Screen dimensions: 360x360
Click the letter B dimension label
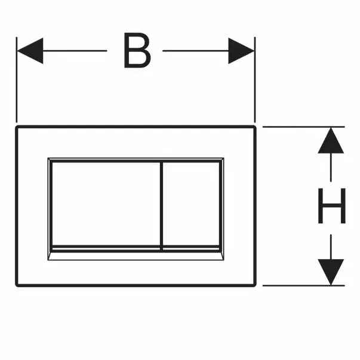137,50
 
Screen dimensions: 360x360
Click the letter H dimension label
332,205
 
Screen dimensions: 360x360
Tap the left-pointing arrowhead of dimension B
30,51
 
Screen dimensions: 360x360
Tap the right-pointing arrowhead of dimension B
241,51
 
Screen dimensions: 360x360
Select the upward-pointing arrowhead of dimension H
331,140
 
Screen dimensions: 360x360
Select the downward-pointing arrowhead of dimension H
331,272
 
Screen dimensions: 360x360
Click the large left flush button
106,204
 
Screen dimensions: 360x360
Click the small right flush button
191,204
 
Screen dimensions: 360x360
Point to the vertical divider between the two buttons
161,206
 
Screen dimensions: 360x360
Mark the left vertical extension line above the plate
16,79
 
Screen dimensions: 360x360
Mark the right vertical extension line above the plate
255,79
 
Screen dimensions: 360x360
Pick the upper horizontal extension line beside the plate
303,127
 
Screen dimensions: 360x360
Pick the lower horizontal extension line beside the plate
303,285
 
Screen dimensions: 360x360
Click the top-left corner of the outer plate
17,127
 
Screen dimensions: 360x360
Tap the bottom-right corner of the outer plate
255,285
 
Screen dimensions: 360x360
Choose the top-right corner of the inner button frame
224,158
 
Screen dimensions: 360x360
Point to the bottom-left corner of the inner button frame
48,260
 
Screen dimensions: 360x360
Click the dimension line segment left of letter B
75,51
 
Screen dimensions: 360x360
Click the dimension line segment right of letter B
196,51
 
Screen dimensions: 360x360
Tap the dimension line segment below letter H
331,247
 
